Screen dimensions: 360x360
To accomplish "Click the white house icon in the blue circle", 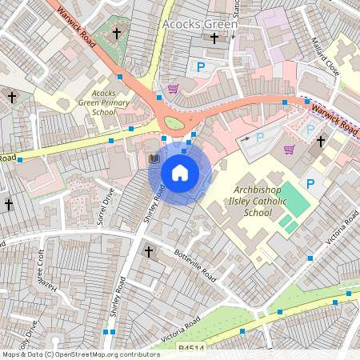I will (x=179, y=172).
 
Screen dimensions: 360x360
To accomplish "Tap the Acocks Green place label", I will (x=200, y=25).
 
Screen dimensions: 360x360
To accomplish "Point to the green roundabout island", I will (x=174, y=123).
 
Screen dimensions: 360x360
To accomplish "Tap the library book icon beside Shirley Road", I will (x=154, y=159).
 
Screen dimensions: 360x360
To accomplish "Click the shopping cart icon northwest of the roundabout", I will (x=173, y=88).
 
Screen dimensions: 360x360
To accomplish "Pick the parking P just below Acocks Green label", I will (x=201, y=68).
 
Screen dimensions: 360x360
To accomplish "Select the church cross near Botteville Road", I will (x=148, y=252).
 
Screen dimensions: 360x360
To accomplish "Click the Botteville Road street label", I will (x=195, y=264).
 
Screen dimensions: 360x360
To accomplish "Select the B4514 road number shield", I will (x=192, y=350).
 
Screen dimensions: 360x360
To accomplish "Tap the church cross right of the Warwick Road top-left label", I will (x=117, y=34).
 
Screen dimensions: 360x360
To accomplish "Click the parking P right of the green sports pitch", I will (x=312, y=184).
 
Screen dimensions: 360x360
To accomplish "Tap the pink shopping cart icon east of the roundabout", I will (x=289, y=149).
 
